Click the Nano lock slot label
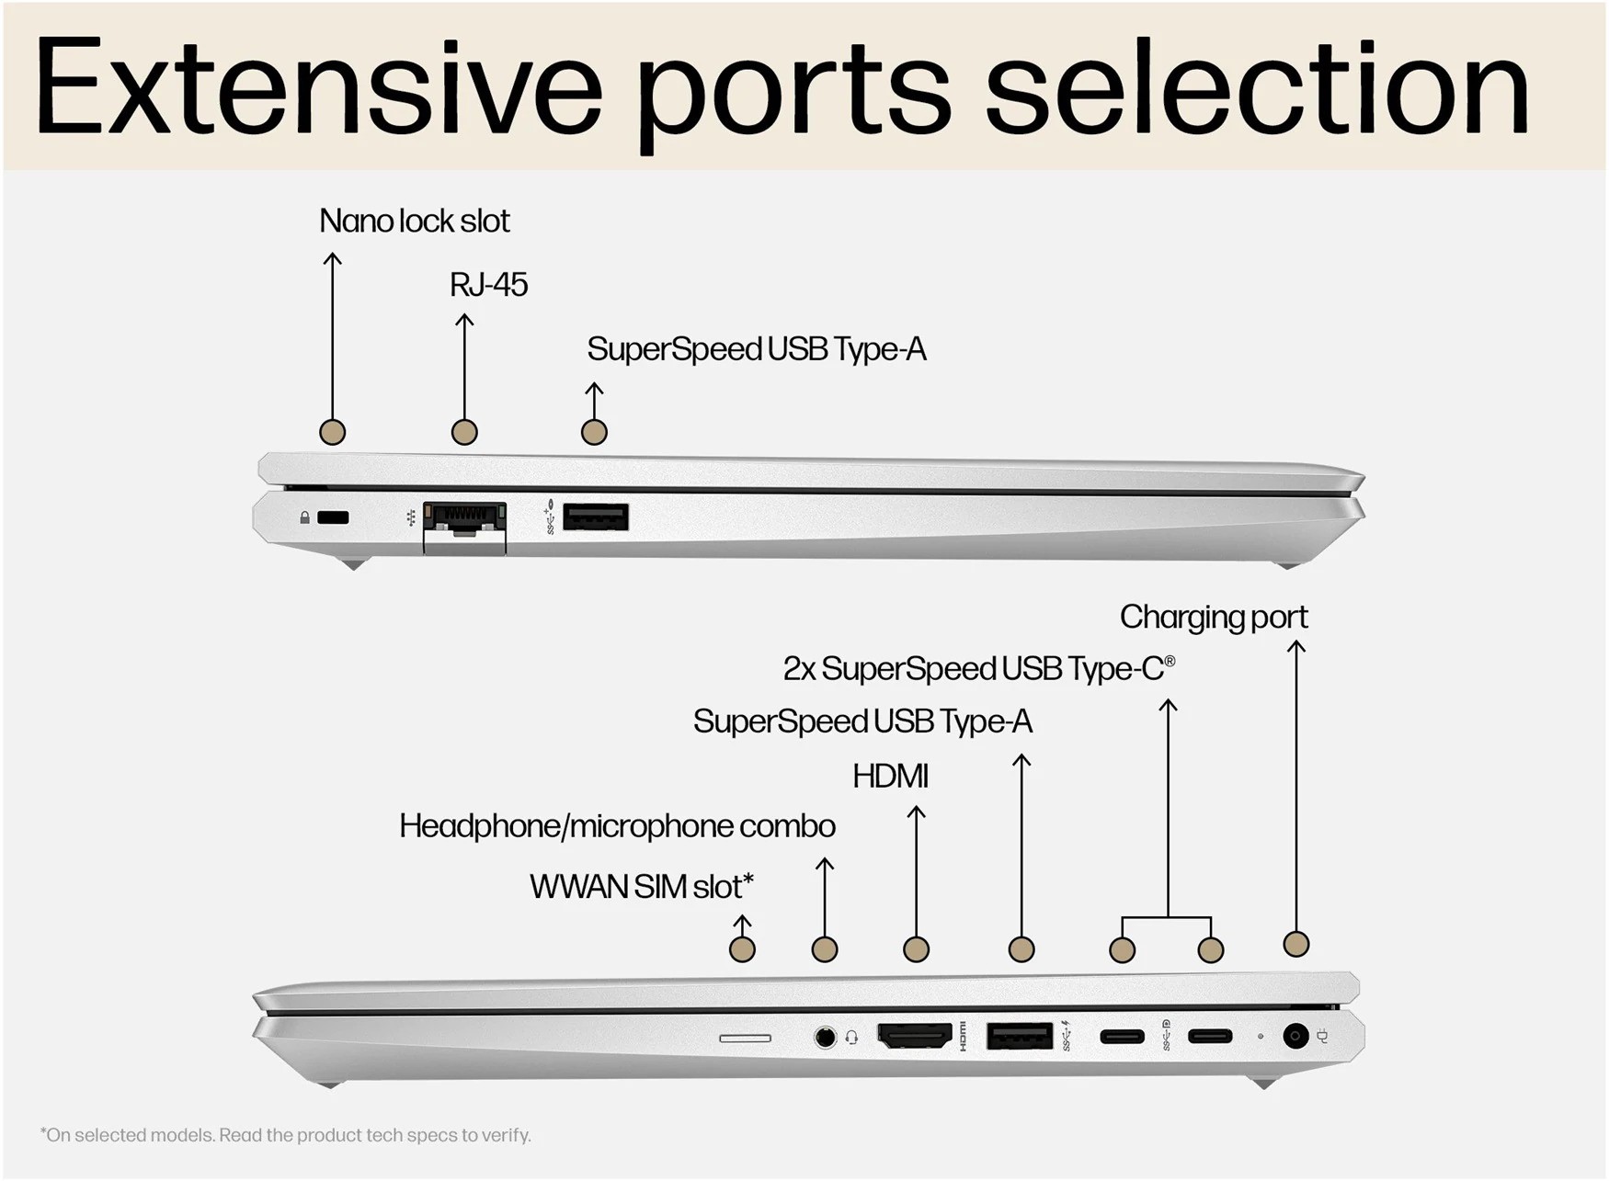(x=414, y=221)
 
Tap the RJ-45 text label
(x=488, y=286)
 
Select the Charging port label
(x=1213, y=618)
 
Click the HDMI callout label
(x=890, y=777)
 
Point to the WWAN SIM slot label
(x=641, y=887)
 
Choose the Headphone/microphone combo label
(x=617, y=826)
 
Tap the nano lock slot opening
(x=333, y=518)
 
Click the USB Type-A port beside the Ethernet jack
(x=595, y=517)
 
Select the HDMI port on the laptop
(x=915, y=1036)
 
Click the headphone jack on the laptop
(x=826, y=1038)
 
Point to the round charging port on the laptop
(x=1295, y=1036)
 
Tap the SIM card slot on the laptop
(x=745, y=1038)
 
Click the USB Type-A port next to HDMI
(x=1019, y=1036)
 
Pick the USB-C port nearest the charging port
(x=1209, y=1037)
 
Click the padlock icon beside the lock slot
(x=304, y=518)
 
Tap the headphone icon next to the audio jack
(x=851, y=1038)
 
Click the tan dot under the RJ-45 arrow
(x=464, y=432)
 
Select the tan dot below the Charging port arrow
(x=1295, y=944)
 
